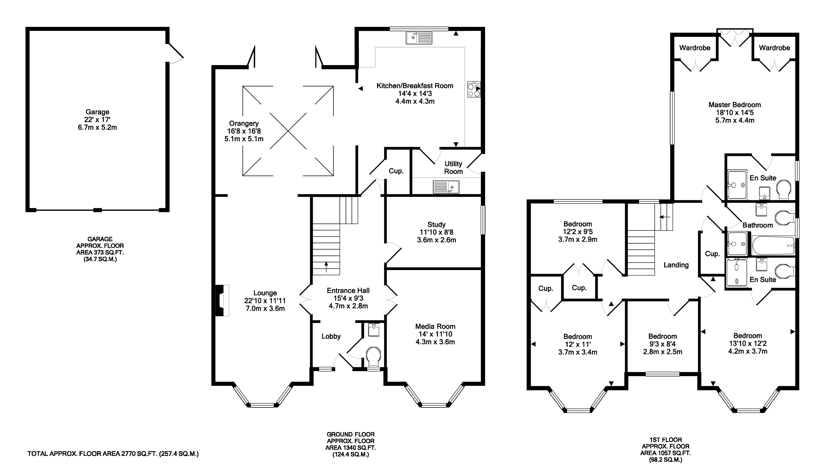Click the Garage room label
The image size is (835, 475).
[97, 112]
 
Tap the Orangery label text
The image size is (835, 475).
[244, 123]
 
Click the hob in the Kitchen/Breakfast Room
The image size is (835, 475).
[474, 89]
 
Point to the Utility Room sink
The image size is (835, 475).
[446, 187]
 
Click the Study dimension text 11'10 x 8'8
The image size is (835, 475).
[436, 232]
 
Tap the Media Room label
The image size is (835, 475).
[435, 326]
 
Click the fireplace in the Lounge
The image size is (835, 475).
[222, 301]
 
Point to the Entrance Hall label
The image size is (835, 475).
[348, 290]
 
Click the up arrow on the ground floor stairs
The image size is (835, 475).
[326, 266]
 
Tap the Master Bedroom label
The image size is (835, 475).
[734, 105]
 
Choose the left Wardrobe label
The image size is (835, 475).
[695, 48]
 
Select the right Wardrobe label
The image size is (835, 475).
[774, 48]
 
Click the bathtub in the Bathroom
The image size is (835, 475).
[773, 246]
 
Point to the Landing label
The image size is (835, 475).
[676, 265]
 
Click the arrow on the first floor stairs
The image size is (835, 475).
[664, 217]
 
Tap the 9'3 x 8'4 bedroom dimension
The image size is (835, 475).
[662, 344]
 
